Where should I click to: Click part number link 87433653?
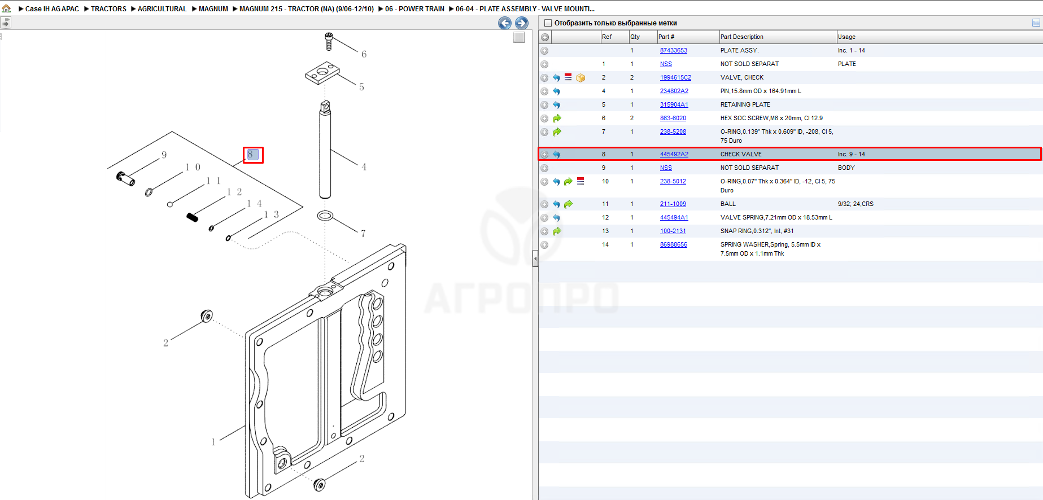click(x=673, y=50)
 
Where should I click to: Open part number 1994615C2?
click(x=675, y=77)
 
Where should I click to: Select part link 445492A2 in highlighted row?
click(x=674, y=154)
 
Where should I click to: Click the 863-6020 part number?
click(x=673, y=118)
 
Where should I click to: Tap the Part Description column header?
click(x=741, y=37)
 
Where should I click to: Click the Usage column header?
click(x=846, y=37)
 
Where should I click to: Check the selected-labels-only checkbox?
click(x=548, y=23)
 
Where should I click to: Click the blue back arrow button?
click(x=505, y=23)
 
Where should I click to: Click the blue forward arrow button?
click(x=522, y=23)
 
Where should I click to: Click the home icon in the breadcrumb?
click(x=7, y=8)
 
